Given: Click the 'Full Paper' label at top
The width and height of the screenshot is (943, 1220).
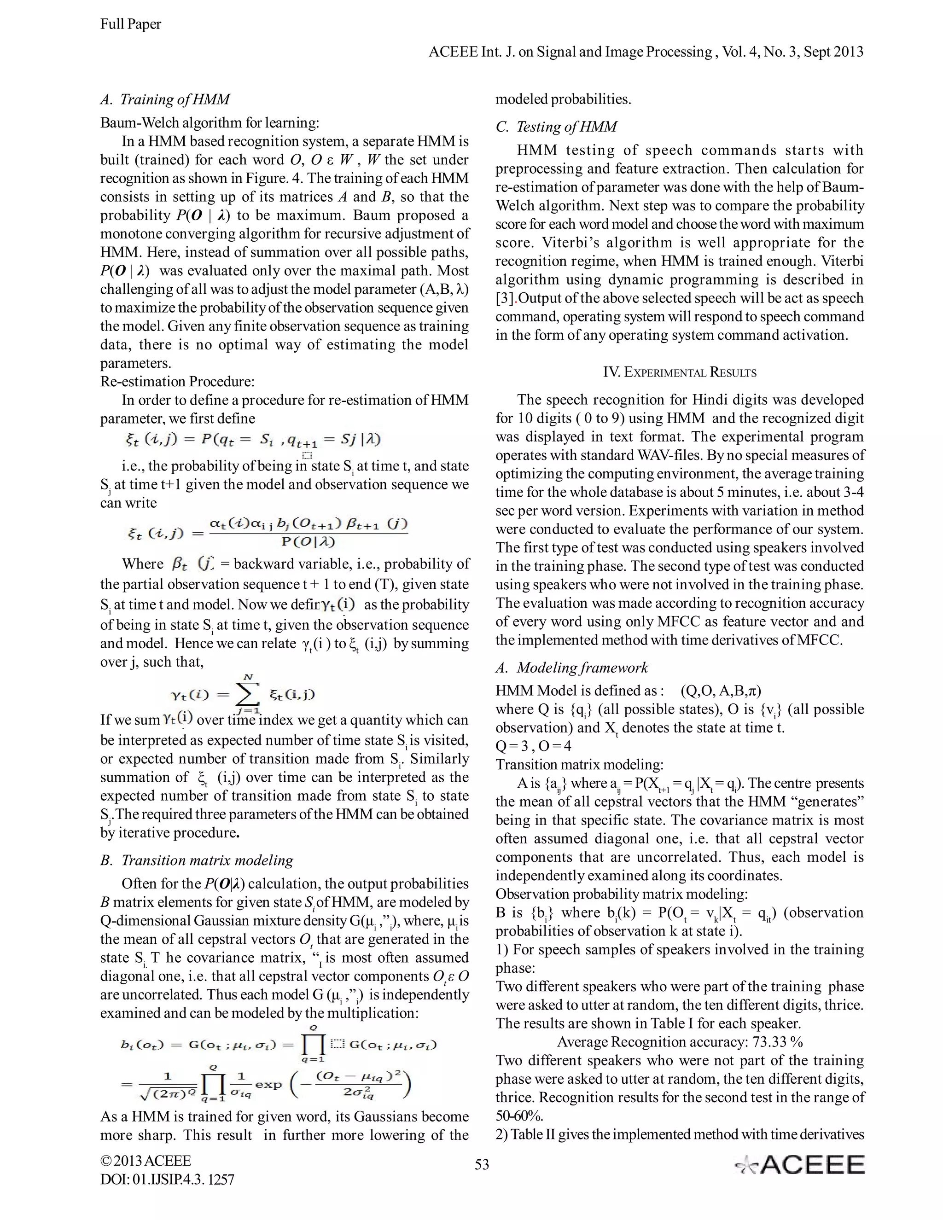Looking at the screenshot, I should point(130,24).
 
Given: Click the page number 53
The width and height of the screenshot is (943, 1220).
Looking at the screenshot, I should point(482,1164).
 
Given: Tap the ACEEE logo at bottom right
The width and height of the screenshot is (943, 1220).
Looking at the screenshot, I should point(799,1165).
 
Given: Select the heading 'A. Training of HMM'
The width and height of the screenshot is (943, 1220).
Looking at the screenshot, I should point(165,99).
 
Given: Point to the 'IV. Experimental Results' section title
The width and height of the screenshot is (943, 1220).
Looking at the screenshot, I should point(679,372).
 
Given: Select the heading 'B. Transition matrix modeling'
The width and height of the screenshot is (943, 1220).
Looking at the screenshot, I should point(197,860).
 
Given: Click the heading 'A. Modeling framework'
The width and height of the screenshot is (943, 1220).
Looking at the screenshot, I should point(571,668).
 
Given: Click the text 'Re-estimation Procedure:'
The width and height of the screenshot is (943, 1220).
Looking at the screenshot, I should point(177,382).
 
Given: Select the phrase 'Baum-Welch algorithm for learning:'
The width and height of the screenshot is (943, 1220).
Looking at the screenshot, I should point(210,123).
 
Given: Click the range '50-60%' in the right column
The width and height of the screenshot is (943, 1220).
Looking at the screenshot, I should point(519,1116).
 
